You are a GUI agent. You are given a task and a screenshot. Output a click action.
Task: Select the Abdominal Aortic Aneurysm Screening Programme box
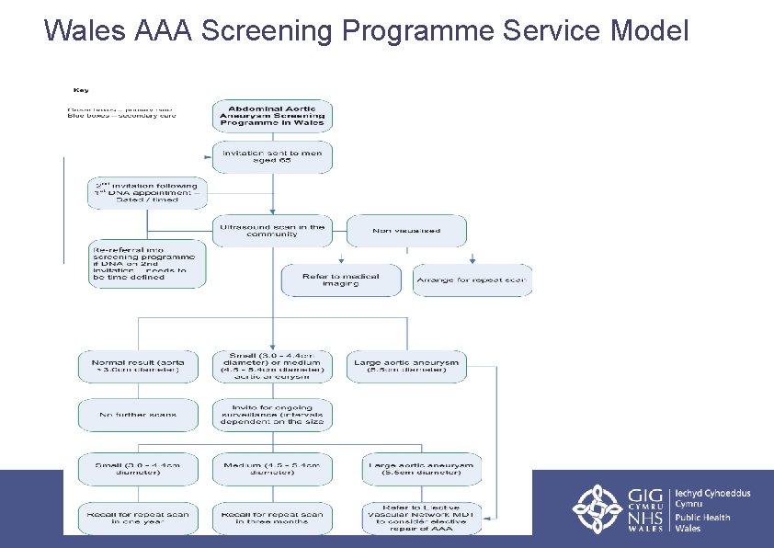pyautogui.click(x=272, y=116)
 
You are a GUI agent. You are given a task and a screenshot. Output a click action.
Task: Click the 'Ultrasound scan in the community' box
pyautogui.click(x=272, y=231)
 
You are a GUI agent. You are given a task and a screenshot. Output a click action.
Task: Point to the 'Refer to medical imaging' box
pyautogui.click(x=342, y=280)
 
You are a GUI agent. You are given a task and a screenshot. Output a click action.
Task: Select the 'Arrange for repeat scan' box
pyautogui.click(x=472, y=280)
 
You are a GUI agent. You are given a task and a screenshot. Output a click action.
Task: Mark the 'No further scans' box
pyautogui.click(x=138, y=415)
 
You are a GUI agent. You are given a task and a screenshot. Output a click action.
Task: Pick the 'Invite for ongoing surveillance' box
pyautogui.click(x=272, y=415)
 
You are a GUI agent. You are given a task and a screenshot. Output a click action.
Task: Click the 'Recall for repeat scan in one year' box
pyautogui.click(x=138, y=519)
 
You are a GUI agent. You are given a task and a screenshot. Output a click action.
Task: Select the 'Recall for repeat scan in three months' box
pyautogui.click(x=272, y=519)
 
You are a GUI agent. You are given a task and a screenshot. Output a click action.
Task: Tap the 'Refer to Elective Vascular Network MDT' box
pyautogui.click(x=420, y=519)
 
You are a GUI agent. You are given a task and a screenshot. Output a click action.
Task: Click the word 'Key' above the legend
pyautogui.click(x=81, y=89)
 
